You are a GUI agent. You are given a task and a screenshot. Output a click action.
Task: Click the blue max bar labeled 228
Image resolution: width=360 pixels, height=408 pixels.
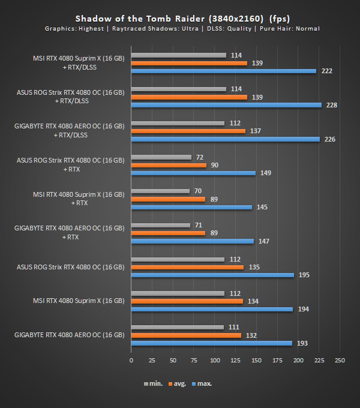(226, 105)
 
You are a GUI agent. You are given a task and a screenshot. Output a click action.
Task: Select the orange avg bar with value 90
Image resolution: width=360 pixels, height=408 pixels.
(169, 165)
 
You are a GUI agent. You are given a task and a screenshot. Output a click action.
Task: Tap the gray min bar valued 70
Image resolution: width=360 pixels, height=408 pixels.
(160, 191)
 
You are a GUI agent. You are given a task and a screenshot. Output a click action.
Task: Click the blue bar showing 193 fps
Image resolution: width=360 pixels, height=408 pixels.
(212, 343)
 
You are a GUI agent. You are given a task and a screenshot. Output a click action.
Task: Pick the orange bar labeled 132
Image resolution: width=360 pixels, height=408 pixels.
(186, 335)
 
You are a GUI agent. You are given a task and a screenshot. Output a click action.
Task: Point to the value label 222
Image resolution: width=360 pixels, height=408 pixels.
(327, 71)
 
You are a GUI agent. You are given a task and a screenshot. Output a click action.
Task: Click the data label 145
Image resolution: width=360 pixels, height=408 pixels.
(262, 207)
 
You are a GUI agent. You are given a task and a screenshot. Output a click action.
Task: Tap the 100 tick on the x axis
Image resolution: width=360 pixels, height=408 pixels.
(215, 361)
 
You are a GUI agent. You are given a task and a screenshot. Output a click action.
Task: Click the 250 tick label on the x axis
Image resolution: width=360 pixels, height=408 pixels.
(340, 361)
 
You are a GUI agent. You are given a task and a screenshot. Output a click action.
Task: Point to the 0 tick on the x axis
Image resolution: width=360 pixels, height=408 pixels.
(131, 361)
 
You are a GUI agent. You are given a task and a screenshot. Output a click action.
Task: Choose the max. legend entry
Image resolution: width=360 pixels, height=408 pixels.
(204, 383)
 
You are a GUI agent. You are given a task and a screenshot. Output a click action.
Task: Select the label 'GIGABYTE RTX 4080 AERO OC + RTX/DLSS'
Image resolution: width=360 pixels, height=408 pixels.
(70, 130)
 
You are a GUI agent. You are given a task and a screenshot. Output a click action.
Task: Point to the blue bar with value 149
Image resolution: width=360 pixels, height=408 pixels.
(193, 173)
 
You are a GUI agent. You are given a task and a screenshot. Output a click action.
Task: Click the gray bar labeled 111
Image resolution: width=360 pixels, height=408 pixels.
(177, 327)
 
